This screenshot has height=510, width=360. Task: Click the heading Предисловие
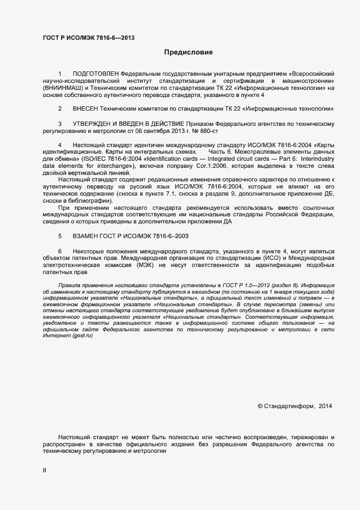[x=188, y=52]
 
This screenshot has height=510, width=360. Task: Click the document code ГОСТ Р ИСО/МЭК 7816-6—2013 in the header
[x=88, y=38]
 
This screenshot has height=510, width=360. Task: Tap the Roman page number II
[x=45, y=470]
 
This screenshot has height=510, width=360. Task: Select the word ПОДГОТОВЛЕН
[x=95, y=73]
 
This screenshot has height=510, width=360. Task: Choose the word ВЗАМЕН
[x=86, y=235]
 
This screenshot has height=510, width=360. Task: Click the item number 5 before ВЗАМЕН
[x=60, y=235]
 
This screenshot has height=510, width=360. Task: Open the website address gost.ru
[x=83, y=334]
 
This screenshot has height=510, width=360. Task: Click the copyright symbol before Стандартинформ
[x=260, y=406]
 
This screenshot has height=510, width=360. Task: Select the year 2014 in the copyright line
[x=325, y=406]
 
